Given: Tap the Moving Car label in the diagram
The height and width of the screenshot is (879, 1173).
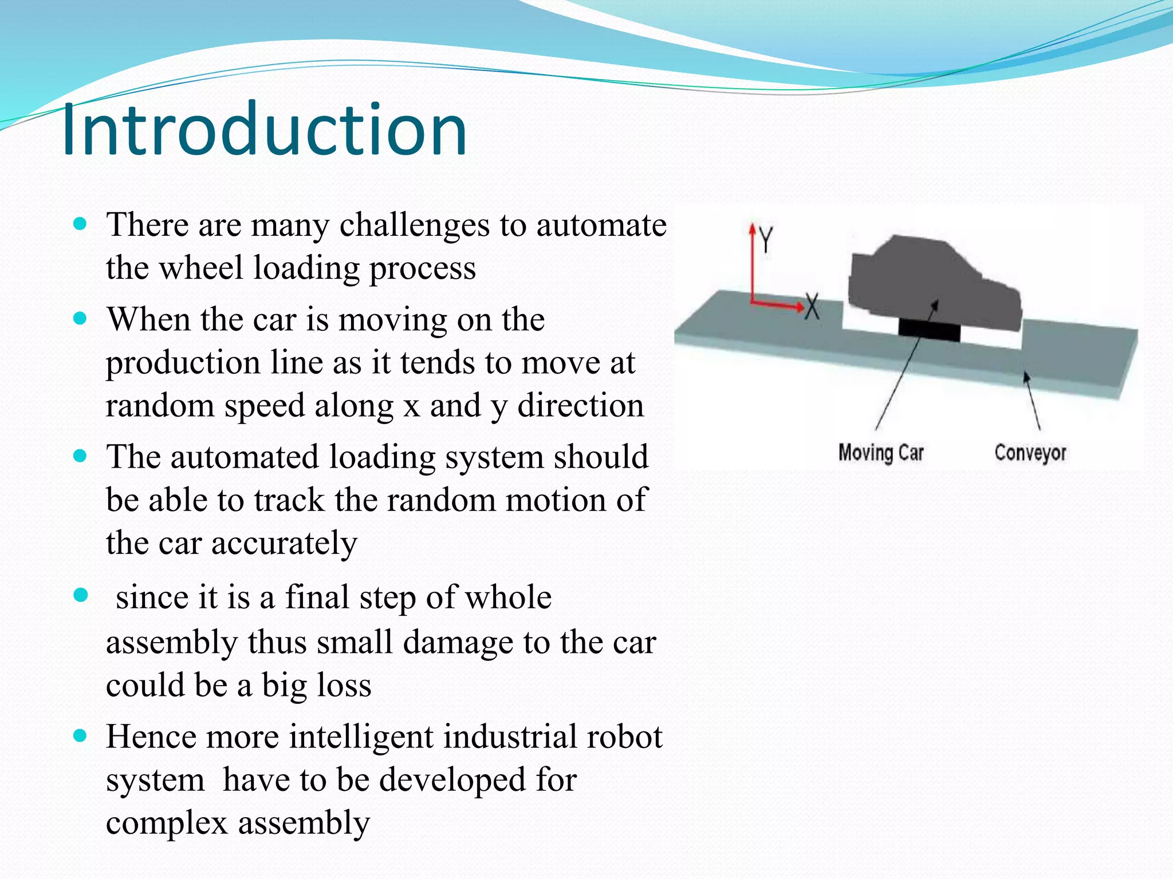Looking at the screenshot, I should coord(881,453).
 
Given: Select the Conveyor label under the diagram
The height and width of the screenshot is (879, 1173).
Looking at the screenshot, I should coord(1030,453).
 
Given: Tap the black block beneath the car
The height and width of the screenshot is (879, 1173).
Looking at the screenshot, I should coord(928,330).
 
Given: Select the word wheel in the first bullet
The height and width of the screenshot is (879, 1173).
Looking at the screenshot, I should coord(200,267).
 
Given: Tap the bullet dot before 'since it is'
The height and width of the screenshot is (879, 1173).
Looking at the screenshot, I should coord(81,596).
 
